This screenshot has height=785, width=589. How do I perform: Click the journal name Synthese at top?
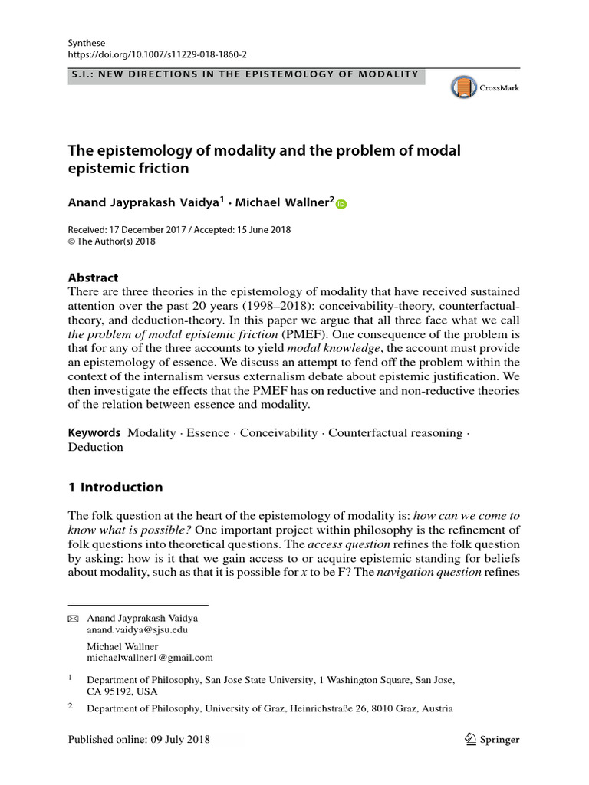click(87, 44)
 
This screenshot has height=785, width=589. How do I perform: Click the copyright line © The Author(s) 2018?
click(112, 241)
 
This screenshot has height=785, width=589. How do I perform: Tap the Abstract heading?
click(94, 278)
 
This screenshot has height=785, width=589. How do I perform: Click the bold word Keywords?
click(94, 432)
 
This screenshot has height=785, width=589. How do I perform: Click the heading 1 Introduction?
click(116, 487)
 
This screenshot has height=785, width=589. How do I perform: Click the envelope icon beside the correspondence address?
click(74, 618)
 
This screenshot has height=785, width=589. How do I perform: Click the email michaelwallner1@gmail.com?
click(150, 657)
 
